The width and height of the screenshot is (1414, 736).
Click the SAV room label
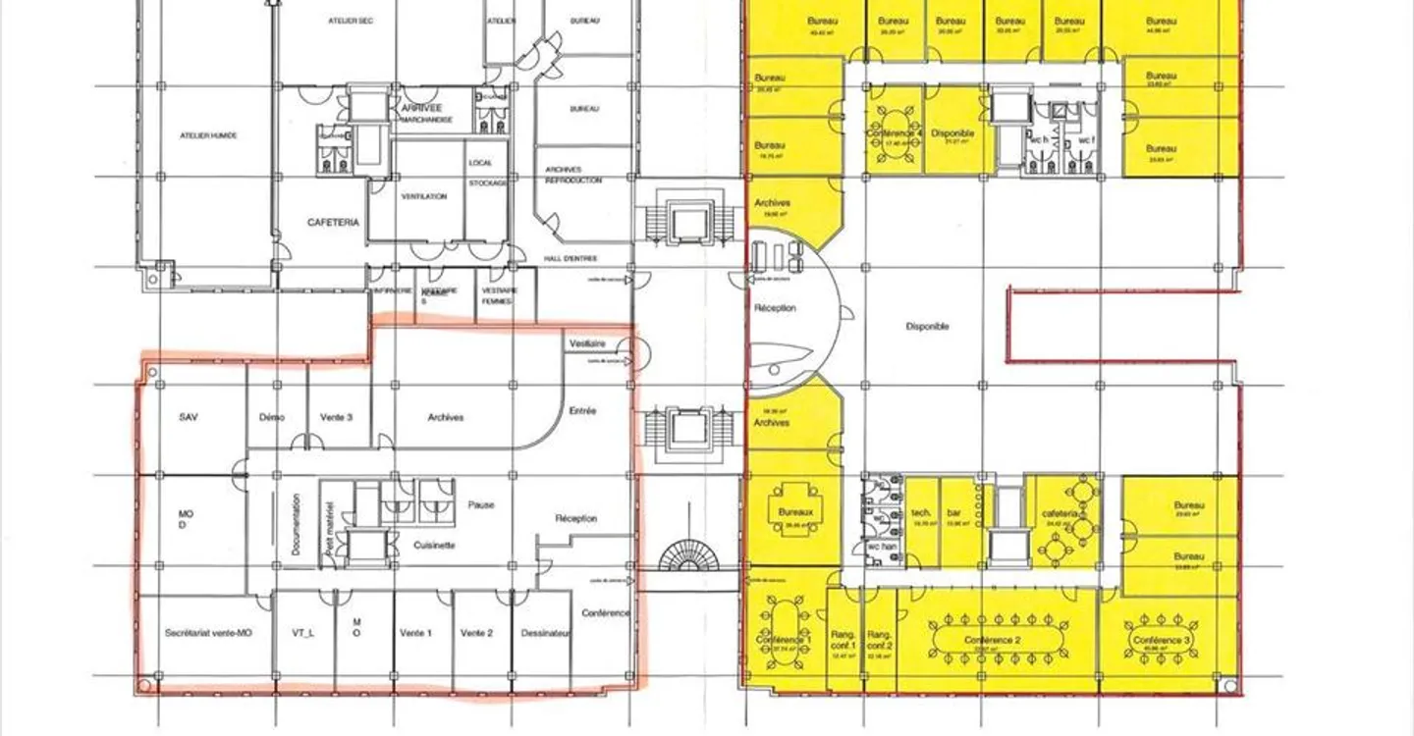pos(190,417)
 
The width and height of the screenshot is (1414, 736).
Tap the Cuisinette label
pos(433,545)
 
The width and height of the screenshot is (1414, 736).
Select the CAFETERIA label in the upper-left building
pos(334,223)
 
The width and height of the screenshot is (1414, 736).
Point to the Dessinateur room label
pos(546,633)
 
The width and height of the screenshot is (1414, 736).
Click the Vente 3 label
pos(336,417)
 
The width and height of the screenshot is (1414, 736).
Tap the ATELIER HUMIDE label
pos(209,135)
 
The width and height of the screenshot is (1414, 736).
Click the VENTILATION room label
pos(424,196)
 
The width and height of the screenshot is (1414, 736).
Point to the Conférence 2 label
pos(993,640)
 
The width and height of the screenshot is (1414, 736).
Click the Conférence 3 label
pos(1162,640)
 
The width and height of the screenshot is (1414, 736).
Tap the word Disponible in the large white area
pos(927,327)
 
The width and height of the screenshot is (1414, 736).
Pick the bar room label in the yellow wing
pos(953,513)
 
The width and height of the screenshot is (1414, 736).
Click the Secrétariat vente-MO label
pos(209,633)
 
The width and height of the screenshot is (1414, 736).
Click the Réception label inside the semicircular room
pos(775,308)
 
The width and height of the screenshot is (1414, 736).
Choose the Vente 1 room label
pos(416,633)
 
